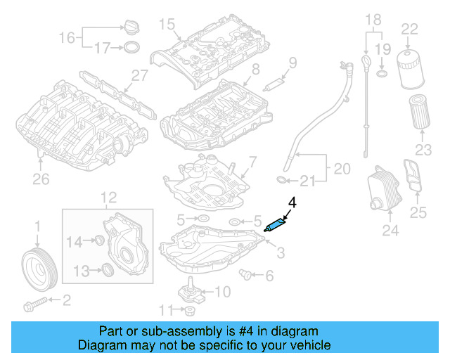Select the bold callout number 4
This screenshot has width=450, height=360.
coord(292,202)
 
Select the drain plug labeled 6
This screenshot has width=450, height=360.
coord(246,273)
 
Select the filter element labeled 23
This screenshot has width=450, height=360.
coord(419,111)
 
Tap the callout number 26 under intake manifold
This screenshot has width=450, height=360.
coord(41,179)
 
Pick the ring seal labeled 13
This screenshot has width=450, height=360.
coord(107,270)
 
